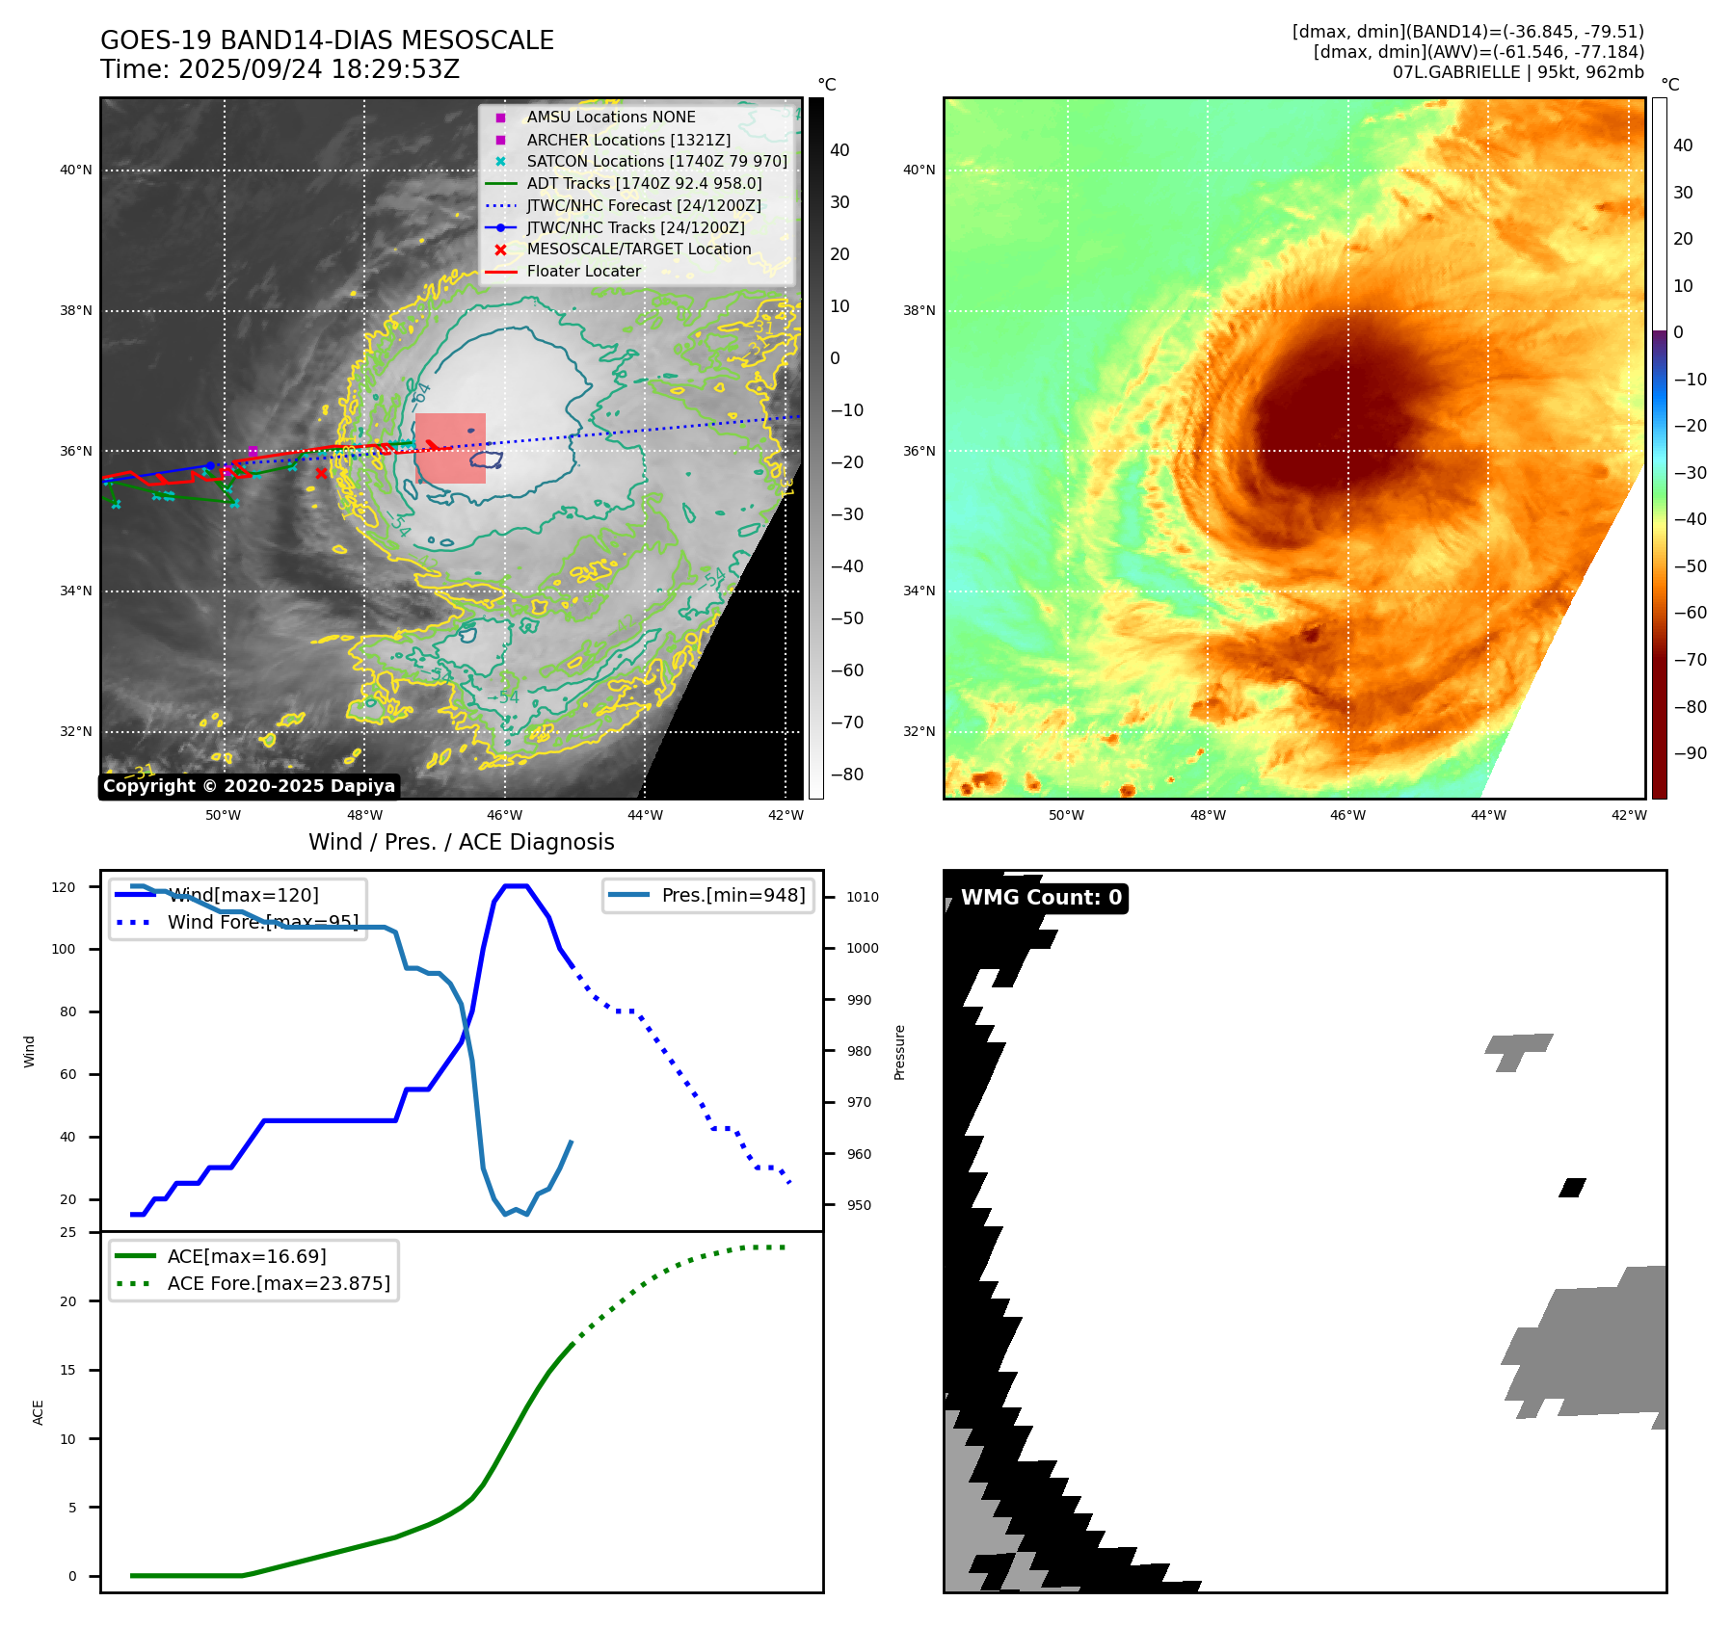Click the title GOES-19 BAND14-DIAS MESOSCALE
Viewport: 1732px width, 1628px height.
point(327,40)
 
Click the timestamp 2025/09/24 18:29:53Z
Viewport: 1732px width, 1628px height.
point(318,70)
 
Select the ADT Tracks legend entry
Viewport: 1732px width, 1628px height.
point(643,183)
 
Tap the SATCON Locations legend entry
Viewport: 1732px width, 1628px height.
point(655,161)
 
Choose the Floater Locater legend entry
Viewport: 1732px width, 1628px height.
point(583,272)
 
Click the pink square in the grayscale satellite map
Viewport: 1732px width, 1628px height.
point(450,448)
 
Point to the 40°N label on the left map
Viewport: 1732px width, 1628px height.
point(76,171)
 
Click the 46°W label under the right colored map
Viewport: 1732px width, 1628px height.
point(1347,815)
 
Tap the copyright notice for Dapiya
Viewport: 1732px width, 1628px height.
point(249,786)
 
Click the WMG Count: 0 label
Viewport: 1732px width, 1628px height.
point(1041,898)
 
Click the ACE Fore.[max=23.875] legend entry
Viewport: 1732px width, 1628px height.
point(279,1283)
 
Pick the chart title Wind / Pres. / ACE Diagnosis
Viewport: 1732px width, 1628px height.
point(461,842)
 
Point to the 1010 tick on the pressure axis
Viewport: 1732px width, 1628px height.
point(863,897)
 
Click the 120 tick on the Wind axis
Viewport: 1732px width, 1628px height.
point(64,887)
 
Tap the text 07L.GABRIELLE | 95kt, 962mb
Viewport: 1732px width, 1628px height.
point(1518,72)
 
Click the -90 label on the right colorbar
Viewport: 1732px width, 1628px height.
point(1691,753)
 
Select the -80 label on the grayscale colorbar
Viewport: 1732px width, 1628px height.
point(847,775)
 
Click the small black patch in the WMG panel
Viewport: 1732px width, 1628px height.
point(1572,1188)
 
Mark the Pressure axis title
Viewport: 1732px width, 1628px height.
point(899,1052)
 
